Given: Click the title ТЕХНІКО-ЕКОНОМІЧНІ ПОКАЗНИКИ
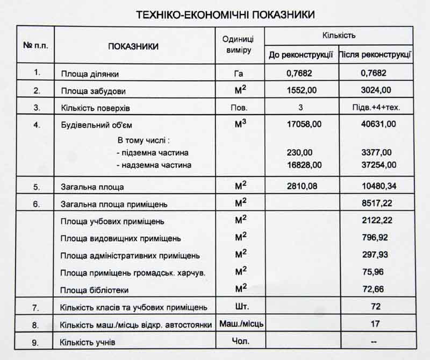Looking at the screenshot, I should (x=225, y=15).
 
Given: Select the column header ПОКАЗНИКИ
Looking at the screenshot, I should (x=133, y=47).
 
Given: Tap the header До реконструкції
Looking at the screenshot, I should (x=301, y=55).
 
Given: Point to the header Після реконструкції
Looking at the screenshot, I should (x=376, y=55).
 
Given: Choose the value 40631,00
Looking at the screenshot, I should (x=378, y=124).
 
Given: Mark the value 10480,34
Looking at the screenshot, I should (x=378, y=187).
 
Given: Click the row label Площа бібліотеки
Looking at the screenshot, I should (x=95, y=290).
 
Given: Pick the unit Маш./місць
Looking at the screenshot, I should (x=240, y=324).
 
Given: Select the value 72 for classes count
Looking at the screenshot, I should (x=376, y=307).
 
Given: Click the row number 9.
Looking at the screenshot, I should (x=36, y=342).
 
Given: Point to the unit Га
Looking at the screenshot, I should (x=239, y=73).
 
